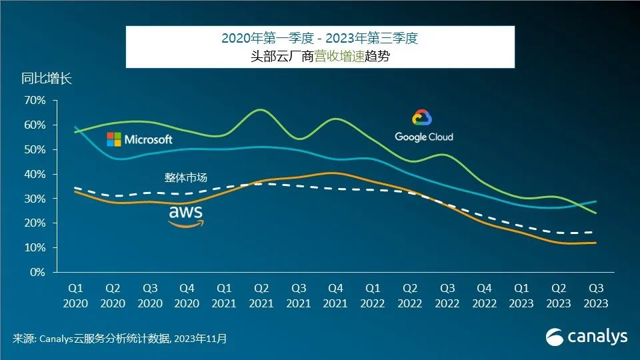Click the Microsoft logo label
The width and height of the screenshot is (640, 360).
pyautogui.click(x=140, y=139)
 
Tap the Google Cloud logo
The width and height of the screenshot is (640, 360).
pyautogui.click(x=423, y=127)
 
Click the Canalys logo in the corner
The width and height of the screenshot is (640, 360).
pyautogui.click(x=587, y=337)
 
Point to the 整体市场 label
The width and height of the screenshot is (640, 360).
pyautogui.click(x=186, y=177)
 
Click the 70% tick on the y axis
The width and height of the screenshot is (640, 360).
pyautogui.click(x=35, y=101)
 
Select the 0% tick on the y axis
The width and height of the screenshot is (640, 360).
pyautogui.click(x=37, y=272)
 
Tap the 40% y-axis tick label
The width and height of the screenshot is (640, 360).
pyautogui.click(x=35, y=174)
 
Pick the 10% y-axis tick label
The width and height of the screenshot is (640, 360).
pyautogui.click(x=35, y=247)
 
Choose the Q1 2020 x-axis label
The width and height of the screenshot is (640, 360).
pyautogui.click(x=75, y=295)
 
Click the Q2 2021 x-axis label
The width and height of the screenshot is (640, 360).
pyautogui.click(x=261, y=295)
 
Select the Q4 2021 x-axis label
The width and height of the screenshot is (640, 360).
pyautogui.click(x=336, y=295)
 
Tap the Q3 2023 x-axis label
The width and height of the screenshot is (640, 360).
pyautogui.click(x=595, y=295)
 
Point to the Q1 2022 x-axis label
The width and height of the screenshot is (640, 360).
pyautogui.click(x=373, y=295)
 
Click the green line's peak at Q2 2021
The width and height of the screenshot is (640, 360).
pyautogui.click(x=261, y=109)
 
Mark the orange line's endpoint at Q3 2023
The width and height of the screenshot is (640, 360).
pyautogui.click(x=595, y=243)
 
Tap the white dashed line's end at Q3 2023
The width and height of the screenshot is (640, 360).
pyautogui.click(x=595, y=232)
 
